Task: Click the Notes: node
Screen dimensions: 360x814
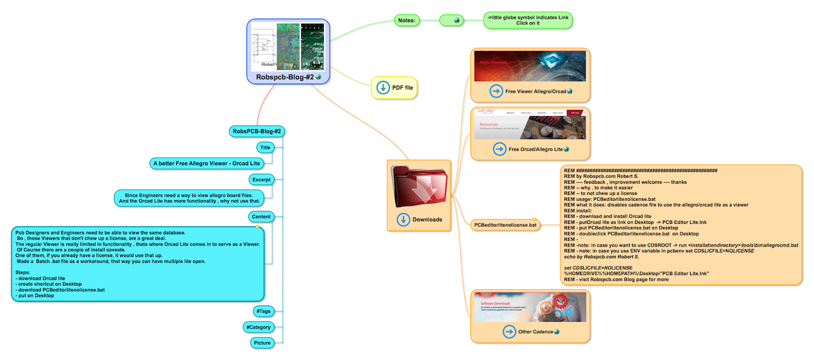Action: click(x=406, y=20)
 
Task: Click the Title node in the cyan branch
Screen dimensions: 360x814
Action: click(x=265, y=148)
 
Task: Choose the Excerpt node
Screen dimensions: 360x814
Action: click(x=261, y=179)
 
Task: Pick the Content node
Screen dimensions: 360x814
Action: click(x=261, y=217)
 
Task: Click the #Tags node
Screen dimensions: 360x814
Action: click(x=263, y=311)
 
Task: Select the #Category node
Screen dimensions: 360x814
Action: click(x=258, y=327)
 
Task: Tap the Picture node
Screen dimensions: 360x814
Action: click(x=262, y=343)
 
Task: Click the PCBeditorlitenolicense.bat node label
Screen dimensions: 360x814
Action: click(x=505, y=224)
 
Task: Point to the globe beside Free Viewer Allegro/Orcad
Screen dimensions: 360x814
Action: click(x=570, y=91)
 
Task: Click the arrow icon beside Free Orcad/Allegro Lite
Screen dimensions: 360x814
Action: click(x=499, y=149)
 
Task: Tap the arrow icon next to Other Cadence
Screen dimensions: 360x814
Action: click(x=509, y=332)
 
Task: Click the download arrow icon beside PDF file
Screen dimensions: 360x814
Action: click(x=383, y=88)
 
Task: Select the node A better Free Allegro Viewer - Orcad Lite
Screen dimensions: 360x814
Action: click(x=206, y=163)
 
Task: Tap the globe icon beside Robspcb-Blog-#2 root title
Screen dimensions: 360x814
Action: click(x=318, y=77)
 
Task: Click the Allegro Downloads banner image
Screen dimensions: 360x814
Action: click(x=530, y=66)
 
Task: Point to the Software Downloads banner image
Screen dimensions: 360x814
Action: click(x=530, y=307)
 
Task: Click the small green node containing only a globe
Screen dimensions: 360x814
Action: click(x=456, y=20)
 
